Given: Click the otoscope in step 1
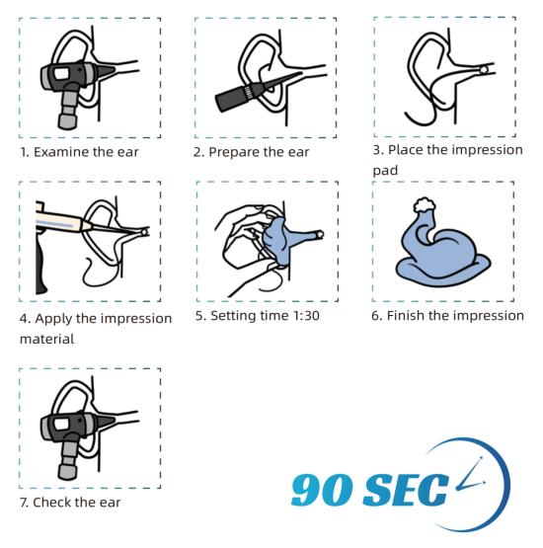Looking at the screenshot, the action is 70,84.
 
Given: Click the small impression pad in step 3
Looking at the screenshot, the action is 484,69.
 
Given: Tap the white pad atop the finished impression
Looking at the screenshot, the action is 425,204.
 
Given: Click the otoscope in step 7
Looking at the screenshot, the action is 70,436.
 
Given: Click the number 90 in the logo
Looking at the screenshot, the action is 322,490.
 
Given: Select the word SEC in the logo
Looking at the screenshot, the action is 406,490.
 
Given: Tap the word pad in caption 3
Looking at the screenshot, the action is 385,171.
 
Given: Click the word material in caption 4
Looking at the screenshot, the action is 46,339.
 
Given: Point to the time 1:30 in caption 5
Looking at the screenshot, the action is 306,316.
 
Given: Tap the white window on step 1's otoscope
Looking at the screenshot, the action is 61,74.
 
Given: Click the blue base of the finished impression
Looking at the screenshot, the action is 443,271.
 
